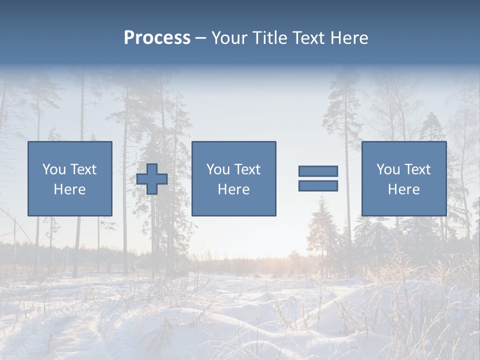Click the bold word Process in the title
coord(157,38)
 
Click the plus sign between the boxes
coord(152,179)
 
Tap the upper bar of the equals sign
coord(318,171)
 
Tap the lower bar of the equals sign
coord(318,186)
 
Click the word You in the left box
coord(54,169)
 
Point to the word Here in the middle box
coord(233,189)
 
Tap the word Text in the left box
coord(83,169)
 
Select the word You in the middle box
coord(218,169)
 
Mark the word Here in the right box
coord(403,189)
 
